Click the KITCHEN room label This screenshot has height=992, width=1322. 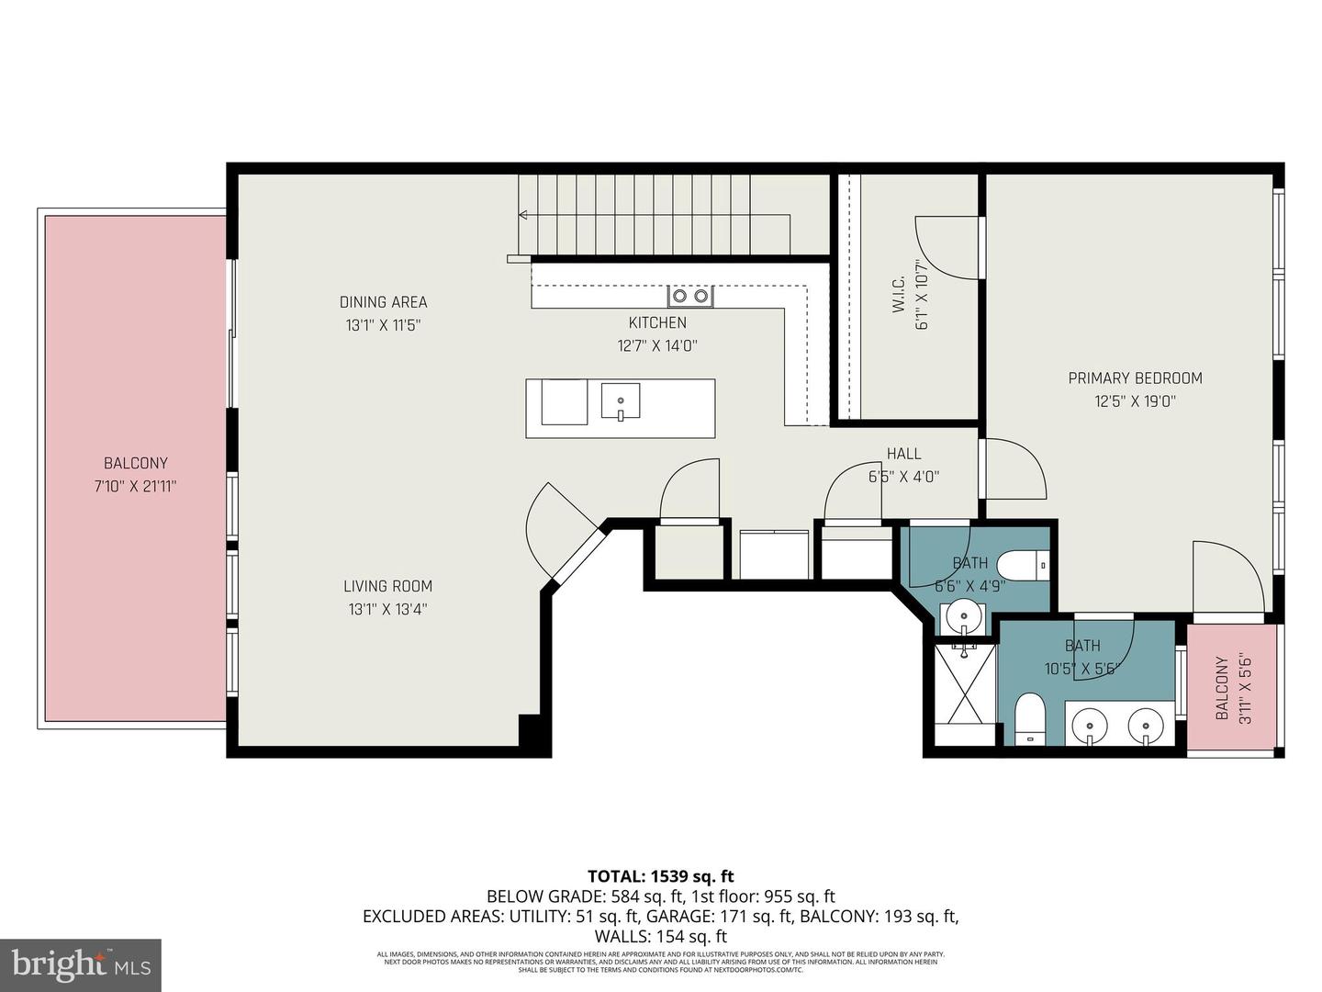tap(657, 322)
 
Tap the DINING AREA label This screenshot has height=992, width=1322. tap(383, 302)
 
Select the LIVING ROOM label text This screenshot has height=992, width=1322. tap(387, 586)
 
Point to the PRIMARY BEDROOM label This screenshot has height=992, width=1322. tap(1135, 378)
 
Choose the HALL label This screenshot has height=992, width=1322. tap(903, 454)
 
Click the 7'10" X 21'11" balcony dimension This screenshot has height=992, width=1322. tap(135, 487)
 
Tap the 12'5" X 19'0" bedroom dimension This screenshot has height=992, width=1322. tap(1135, 401)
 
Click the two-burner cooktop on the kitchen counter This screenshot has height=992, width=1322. tap(689, 296)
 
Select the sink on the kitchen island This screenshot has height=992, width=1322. tap(621, 401)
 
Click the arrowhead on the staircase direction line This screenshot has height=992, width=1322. tap(523, 215)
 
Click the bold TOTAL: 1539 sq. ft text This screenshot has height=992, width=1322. tap(660, 876)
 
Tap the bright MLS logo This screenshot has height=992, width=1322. tap(81, 964)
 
